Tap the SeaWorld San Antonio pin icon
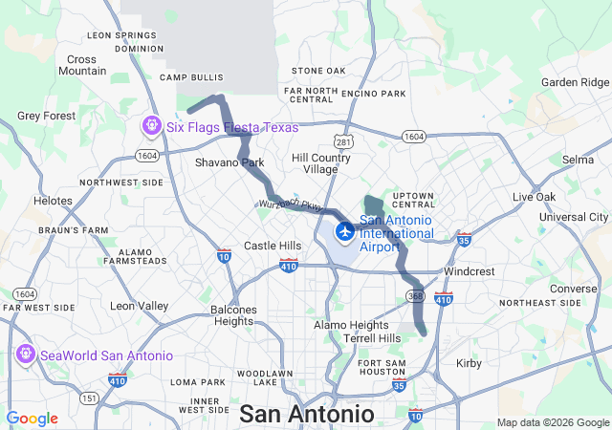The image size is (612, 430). pos(25,355)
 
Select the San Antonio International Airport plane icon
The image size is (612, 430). pos(344,232)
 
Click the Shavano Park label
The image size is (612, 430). pos(229,162)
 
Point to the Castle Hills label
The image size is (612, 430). pos(272,246)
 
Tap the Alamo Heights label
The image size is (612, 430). pos(351,325)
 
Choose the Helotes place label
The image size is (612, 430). pos(53,201)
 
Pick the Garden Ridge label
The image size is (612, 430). pos(574,82)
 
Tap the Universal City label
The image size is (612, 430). pos(574,217)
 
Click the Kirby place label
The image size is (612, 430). pos(469,364)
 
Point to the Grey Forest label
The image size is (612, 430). pos(46,116)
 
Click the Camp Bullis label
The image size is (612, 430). pos(190,76)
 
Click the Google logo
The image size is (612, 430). pos(32,419)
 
